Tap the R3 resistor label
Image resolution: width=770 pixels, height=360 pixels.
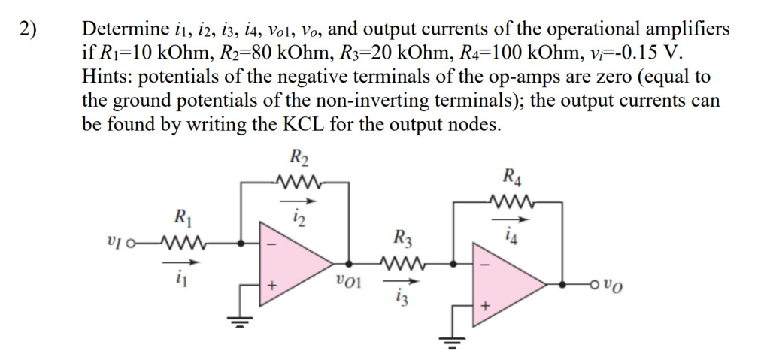pyautogui.click(x=404, y=241)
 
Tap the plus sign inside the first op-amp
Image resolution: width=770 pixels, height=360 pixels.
pyautogui.click(x=274, y=286)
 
